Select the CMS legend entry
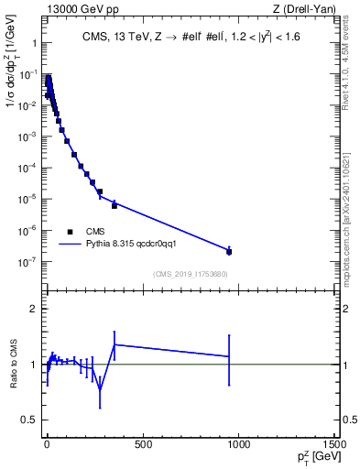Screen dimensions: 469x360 (x=82, y=232)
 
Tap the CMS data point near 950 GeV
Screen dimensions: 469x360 (x=229, y=251)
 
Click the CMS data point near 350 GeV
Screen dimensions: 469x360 (x=115, y=205)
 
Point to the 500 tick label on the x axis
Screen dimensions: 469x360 (x=142, y=444)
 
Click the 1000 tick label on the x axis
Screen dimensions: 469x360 (x=239, y=444)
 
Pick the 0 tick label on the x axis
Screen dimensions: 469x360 (x=47, y=444)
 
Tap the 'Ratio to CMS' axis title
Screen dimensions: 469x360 (x=15, y=364)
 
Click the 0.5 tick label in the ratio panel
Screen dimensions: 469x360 (x=29, y=419)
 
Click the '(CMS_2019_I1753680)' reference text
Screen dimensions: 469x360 (x=189, y=274)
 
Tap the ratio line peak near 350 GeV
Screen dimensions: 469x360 (x=115, y=344)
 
